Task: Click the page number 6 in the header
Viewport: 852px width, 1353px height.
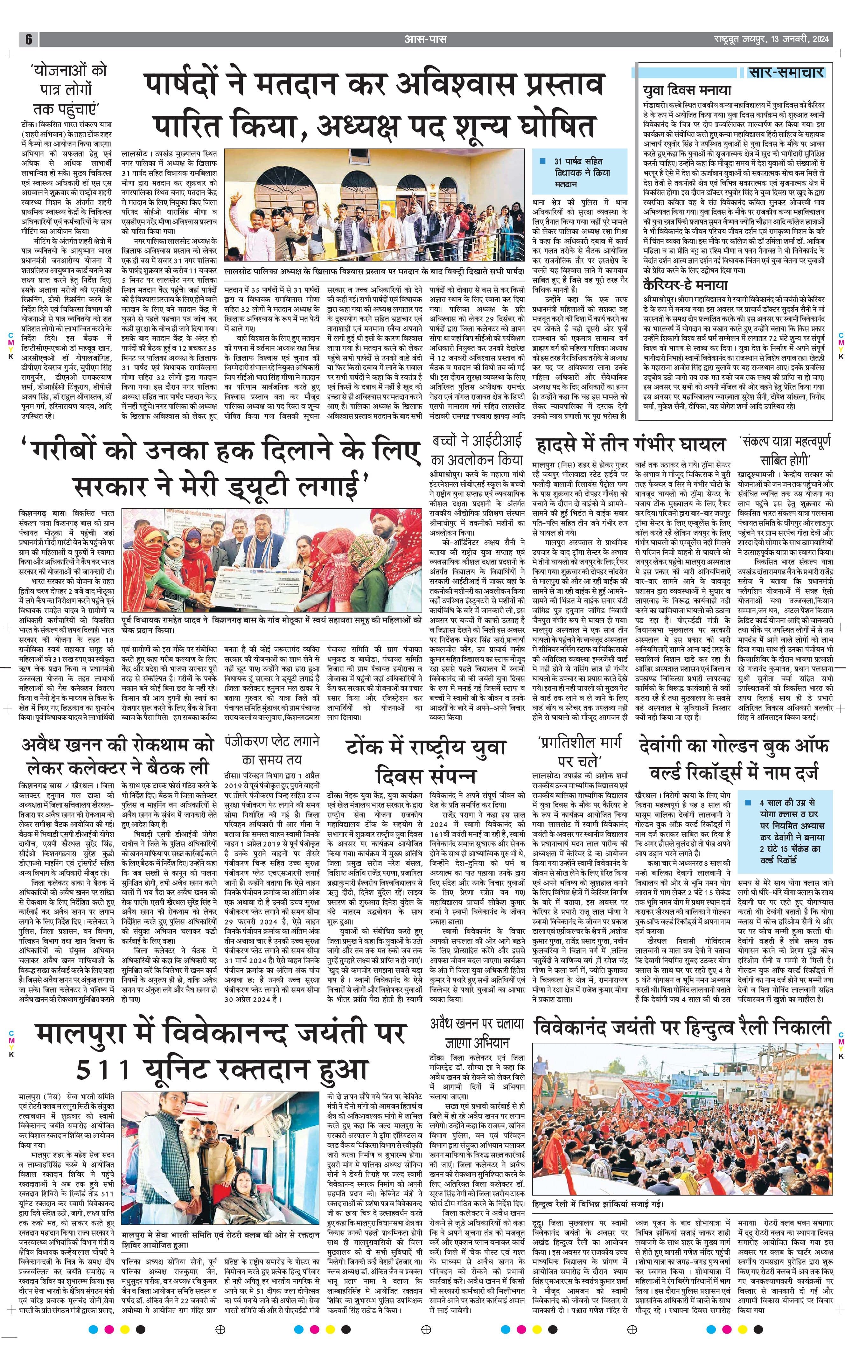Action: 28,39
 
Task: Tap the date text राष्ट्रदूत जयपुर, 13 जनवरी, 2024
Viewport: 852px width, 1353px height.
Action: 767,39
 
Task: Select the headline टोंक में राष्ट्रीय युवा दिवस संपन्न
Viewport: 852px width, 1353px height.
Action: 427,761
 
